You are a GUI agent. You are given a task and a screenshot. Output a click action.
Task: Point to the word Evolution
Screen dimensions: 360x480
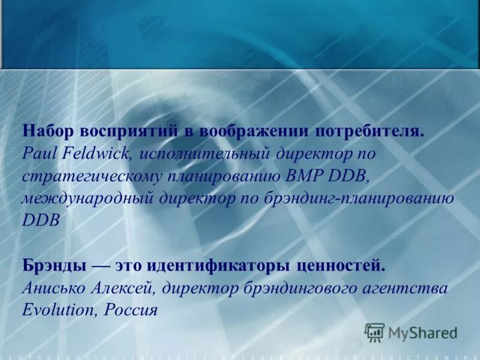click(58, 310)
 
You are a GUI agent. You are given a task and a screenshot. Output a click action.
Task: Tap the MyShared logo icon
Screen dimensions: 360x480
click(374, 332)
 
